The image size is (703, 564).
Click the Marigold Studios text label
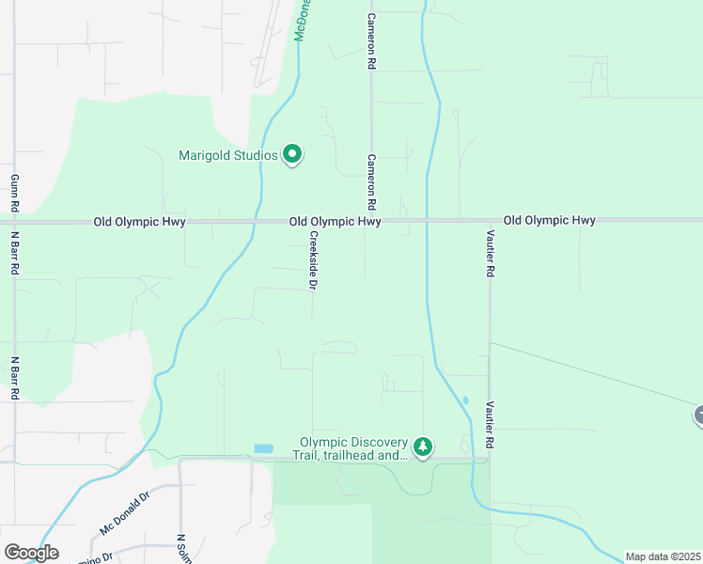(228, 155)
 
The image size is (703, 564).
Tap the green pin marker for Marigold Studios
(292, 153)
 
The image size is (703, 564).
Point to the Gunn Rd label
(15, 192)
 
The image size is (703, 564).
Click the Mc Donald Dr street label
(124, 513)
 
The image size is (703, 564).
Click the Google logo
(31, 552)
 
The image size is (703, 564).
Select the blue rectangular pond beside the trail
(264, 449)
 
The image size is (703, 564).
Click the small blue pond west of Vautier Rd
(465, 400)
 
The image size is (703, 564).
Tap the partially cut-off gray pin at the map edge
(698, 415)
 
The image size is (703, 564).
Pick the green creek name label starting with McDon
(303, 19)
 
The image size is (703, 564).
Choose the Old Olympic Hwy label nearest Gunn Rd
(139, 222)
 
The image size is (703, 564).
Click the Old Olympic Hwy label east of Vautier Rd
(550, 220)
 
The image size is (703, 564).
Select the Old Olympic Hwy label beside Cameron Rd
(335, 222)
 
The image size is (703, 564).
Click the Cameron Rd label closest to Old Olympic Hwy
(371, 182)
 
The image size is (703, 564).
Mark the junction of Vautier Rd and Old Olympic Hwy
(488, 220)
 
